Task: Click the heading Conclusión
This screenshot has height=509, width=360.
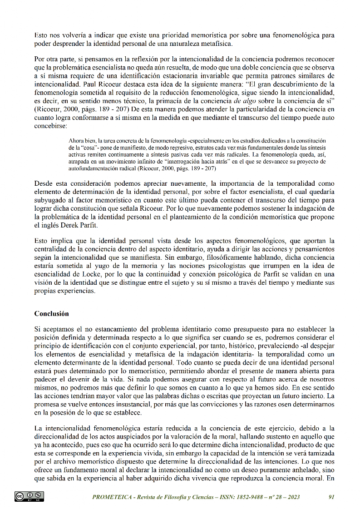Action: tap(51, 314)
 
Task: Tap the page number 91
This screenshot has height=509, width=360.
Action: tap(331, 497)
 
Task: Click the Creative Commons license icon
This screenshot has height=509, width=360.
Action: tap(30, 496)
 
